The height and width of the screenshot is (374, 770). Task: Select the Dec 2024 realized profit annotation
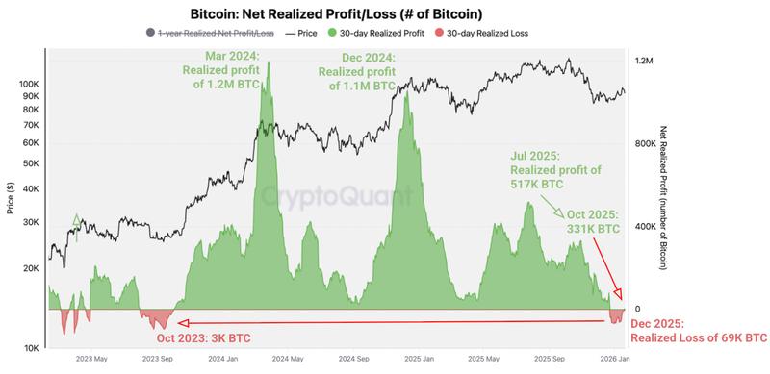(356, 71)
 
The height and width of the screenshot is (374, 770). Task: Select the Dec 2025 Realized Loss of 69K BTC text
(698, 332)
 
